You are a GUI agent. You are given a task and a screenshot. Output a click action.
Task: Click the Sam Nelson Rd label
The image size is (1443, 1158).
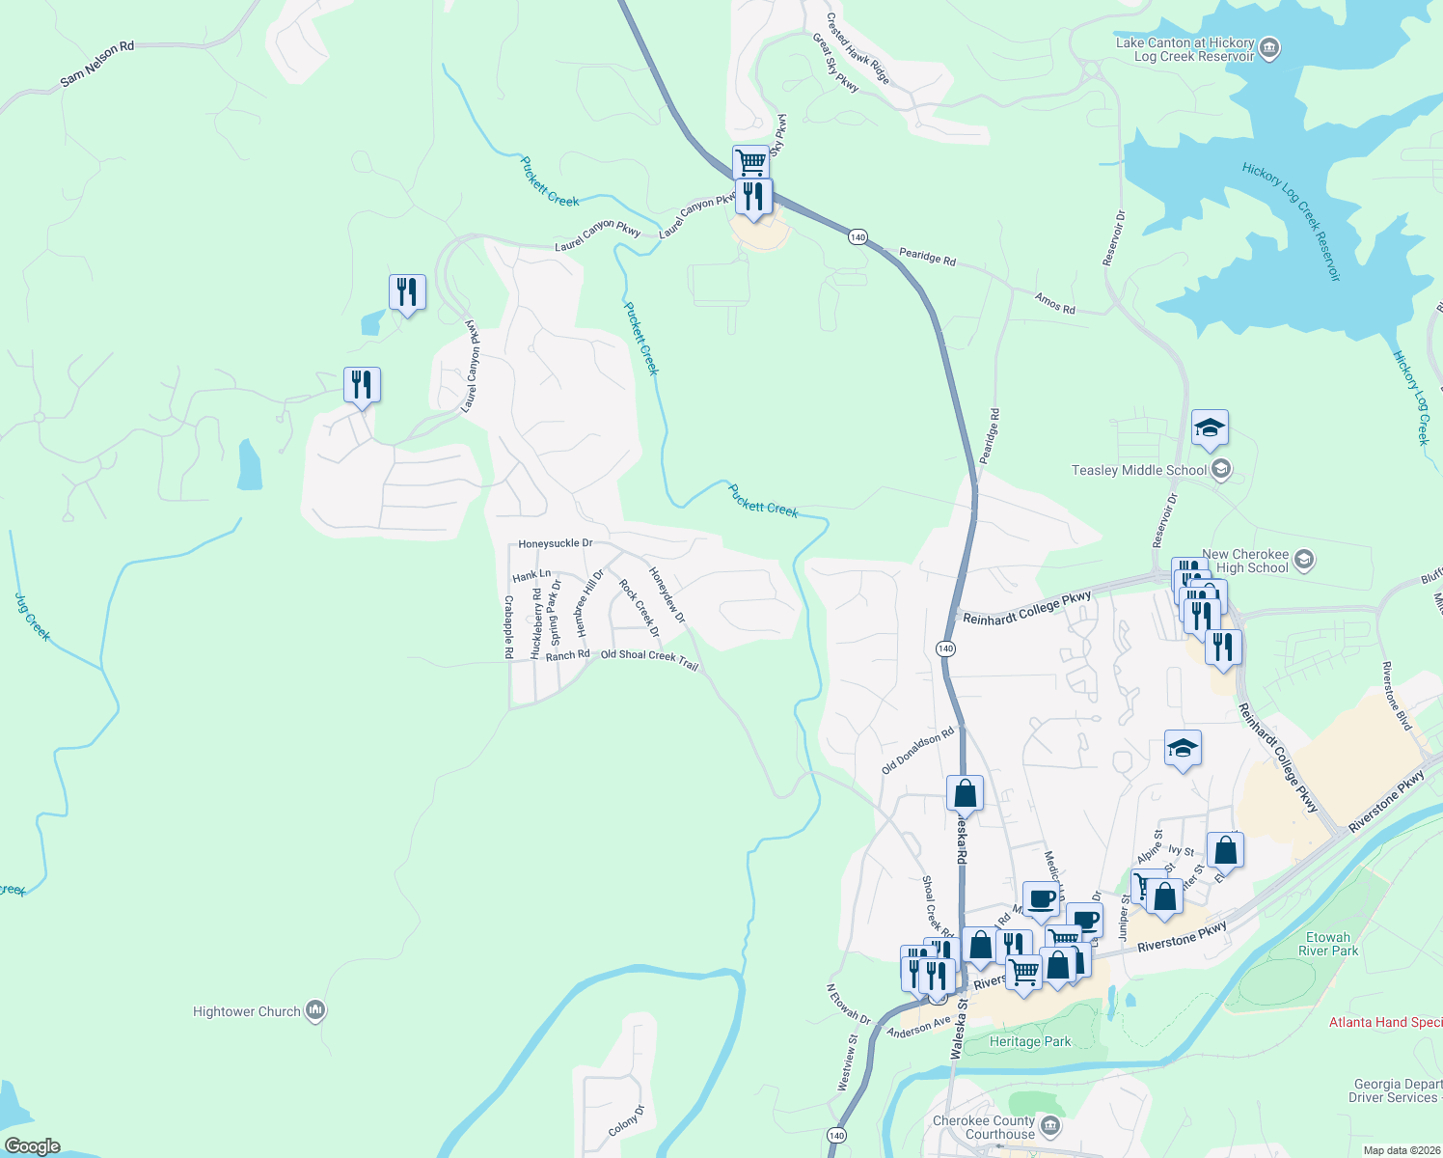click(x=97, y=65)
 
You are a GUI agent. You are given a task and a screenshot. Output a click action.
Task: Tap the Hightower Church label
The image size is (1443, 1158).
click(x=247, y=1011)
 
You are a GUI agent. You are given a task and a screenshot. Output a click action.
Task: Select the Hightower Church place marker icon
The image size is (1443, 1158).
click(x=315, y=1010)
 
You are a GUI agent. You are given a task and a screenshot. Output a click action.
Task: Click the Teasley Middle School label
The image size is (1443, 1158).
click(x=1139, y=470)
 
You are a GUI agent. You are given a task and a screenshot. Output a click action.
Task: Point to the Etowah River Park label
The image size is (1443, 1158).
click(x=1328, y=944)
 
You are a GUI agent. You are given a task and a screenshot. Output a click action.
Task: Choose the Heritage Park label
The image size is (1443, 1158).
click(x=1030, y=1041)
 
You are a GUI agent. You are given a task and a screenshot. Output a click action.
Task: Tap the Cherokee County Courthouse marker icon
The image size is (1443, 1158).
click(x=1050, y=1126)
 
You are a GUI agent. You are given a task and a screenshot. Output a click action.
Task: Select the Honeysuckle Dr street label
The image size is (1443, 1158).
click(x=556, y=543)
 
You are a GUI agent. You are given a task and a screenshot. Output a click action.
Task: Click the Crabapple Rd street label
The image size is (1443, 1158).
click(x=508, y=626)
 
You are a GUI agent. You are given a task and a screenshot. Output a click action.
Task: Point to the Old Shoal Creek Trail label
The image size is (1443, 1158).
click(x=649, y=659)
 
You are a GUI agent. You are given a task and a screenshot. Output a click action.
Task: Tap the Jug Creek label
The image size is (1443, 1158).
click(x=33, y=617)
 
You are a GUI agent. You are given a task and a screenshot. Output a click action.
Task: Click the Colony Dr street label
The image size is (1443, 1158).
click(x=626, y=1120)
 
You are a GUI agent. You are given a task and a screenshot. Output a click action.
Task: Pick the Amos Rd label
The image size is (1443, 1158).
click(x=1054, y=303)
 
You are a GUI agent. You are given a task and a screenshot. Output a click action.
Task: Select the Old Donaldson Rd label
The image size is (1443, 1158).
click(x=917, y=750)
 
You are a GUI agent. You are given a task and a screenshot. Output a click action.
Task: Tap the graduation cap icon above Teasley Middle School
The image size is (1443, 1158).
click(x=1210, y=427)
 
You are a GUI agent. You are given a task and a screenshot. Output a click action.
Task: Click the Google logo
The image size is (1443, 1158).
click(x=32, y=1146)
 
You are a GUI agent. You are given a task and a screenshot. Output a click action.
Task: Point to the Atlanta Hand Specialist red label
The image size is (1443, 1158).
click(x=1385, y=1022)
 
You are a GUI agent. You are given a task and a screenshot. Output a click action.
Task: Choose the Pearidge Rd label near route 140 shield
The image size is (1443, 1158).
click(x=927, y=257)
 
